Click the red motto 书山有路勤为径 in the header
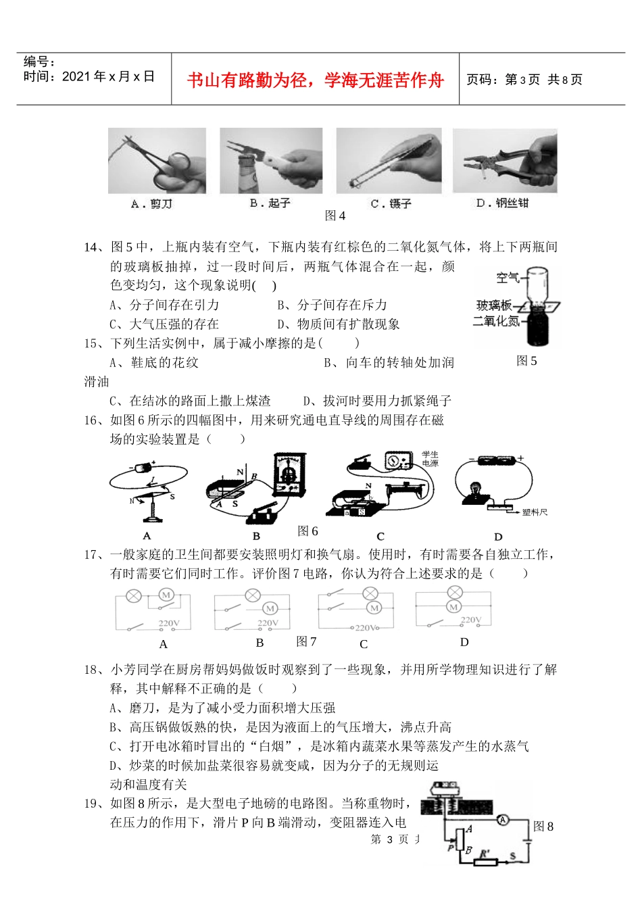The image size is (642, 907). tap(315, 80)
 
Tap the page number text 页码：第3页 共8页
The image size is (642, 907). tap(524, 80)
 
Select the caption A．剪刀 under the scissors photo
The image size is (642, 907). tap(151, 203)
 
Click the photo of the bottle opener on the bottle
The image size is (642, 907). tap(271, 160)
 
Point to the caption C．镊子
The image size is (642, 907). tap(391, 203)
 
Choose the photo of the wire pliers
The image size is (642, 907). tap(505, 161)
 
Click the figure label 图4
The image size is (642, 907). tap(335, 216)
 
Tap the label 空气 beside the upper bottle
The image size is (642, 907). tap(508, 277)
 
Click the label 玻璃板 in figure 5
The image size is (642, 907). tap(493, 305)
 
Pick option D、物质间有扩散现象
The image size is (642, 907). tap(339, 324)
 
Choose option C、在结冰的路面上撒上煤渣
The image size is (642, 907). tap(190, 401)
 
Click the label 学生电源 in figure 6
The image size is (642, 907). tap(430, 459)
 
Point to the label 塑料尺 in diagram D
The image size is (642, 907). tap(535, 512)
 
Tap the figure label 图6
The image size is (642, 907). tap(307, 531)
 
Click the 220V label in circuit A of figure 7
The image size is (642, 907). tap(169, 623)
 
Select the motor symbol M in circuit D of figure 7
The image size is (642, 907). tap(453, 607)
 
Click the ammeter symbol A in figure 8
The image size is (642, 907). tap(502, 820)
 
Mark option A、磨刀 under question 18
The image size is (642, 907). tap(222, 708)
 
